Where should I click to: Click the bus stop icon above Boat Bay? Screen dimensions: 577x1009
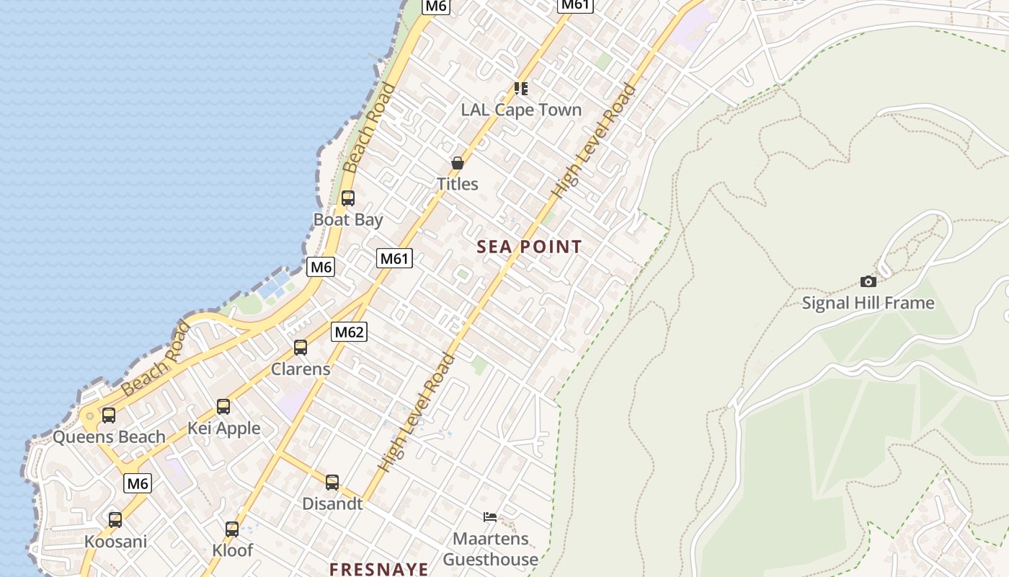point(348,198)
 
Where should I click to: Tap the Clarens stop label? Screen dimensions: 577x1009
point(301,369)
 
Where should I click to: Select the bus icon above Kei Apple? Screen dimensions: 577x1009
point(223,407)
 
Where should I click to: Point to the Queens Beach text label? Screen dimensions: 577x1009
point(109,436)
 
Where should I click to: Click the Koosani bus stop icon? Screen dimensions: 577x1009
point(115,519)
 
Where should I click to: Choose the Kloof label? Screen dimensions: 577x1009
point(233,550)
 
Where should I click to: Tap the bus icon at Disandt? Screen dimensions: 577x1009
point(332,482)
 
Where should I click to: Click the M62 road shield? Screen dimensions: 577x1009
point(350,332)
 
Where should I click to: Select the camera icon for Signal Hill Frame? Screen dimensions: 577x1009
point(868,281)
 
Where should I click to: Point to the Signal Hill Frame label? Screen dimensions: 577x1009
point(868,303)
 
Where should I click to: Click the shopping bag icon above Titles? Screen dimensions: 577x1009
point(457,163)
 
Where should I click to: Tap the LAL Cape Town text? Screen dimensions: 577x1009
point(521,110)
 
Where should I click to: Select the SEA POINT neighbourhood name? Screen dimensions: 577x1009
point(529,247)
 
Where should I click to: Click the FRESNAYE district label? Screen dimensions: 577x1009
point(379,568)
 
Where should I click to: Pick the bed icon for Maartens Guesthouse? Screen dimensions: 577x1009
point(490,516)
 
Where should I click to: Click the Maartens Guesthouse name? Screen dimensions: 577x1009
point(490,549)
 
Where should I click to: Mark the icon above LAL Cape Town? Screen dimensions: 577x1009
point(521,88)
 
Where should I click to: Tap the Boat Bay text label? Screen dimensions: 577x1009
point(348,219)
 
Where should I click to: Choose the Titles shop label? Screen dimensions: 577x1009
point(457,184)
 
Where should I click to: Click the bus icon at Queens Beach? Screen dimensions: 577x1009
point(109,415)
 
